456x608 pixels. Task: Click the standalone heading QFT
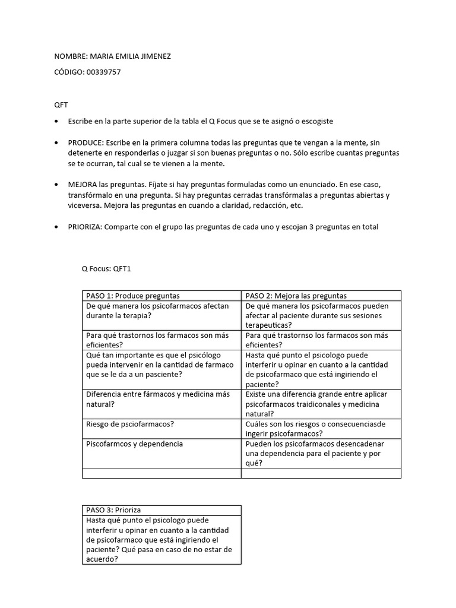(x=61, y=104)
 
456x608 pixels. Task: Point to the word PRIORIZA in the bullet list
(x=85, y=227)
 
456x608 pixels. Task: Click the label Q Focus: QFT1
(x=106, y=268)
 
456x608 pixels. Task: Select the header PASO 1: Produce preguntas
(x=133, y=295)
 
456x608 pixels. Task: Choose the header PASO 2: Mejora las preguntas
(x=296, y=295)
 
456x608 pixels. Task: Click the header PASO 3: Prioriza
(x=114, y=509)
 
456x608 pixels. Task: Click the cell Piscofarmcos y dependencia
(x=135, y=444)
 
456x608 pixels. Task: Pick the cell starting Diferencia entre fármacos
(x=157, y=398)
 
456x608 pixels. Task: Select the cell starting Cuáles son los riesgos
(x=315, y=429)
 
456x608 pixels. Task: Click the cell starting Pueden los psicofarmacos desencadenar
(x=315, y=454)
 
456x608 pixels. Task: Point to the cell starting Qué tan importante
(x=160, y=364)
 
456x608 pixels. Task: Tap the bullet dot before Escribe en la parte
(x=56, y=121)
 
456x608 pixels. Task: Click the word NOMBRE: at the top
(x=71, y=56)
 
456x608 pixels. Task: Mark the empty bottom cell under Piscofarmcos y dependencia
(x=161, y=473)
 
